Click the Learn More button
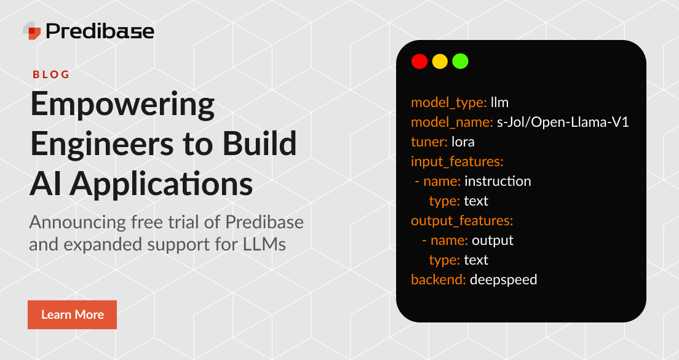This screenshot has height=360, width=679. click(x=72, y=314)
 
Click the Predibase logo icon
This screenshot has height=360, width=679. click(x=32, y=30)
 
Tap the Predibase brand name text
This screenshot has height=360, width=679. click(x=100, y=31)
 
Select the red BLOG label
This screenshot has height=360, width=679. click(x=51, y=74)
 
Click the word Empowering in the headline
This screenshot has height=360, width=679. click(x=122, y=106)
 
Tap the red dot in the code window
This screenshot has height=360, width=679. click(x=419, y=62)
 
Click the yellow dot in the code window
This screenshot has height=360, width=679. click(x=440, y=62)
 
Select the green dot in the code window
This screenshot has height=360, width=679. click(x=460, y=62)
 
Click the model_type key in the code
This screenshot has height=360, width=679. click(x=448, y=102)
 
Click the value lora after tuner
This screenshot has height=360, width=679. click(x=463, y=142)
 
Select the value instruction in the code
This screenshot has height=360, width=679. click(x=498, y=181)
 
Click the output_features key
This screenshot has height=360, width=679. click(x=461, y=220)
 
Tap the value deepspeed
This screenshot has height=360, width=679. click(x=503, y=279)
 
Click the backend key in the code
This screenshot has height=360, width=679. click(x=438, y=279)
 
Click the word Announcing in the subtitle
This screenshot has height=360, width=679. click(x=73, y=221)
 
